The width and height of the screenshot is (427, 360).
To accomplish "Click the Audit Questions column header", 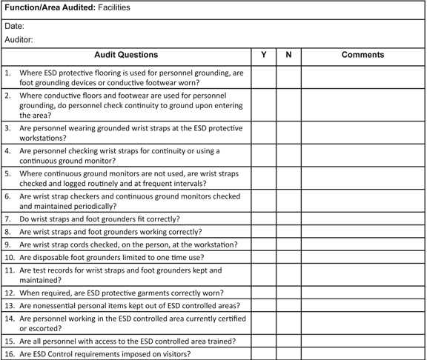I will [126, 55].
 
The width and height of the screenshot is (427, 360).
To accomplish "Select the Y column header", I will [264, 55].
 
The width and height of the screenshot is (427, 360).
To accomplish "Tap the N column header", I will [288, 55].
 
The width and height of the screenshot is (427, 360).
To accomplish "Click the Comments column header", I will [363, 55].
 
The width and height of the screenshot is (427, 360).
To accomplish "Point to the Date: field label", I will [15, 26].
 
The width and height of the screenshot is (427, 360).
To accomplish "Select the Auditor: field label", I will [19, 40].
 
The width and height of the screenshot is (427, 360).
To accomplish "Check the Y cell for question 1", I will [264, 78].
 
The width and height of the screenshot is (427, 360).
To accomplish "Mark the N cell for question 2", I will [288, 105].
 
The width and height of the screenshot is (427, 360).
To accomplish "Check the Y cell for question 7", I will [264, 219].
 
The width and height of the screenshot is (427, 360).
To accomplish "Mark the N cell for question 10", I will [288, 257].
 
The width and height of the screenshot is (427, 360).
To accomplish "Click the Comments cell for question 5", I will [363, 178].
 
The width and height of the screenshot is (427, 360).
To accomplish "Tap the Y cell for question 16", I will [264, 354].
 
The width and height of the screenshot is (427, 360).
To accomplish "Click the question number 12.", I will [10, 293].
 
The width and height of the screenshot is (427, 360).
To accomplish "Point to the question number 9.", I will [8, 244].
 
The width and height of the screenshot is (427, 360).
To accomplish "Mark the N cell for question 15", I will [288, 341].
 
